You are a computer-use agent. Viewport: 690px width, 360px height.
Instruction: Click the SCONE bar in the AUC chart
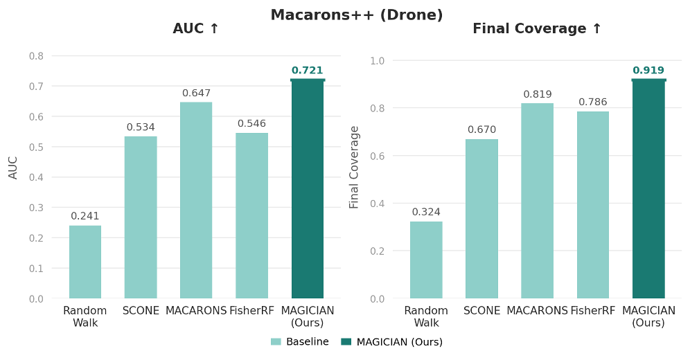tap(141, 217)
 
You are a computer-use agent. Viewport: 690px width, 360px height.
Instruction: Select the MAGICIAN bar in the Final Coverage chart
tap(648, 189)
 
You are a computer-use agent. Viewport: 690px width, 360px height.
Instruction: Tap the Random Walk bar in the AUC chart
tap(85, 262)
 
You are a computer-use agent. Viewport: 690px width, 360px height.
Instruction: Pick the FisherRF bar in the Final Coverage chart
tap(593, 205)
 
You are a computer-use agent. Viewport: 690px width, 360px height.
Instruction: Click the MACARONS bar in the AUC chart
tap(196, 200)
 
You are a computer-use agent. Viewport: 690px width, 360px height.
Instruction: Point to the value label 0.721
tap(307, 71)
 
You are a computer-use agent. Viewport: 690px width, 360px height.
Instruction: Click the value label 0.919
tap(648, 71)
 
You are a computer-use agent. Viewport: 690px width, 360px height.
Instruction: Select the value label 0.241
tap(85, 216)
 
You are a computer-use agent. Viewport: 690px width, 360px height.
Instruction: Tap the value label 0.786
tap(593, 102)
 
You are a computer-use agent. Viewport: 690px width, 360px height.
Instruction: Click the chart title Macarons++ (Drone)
tap(356, 15)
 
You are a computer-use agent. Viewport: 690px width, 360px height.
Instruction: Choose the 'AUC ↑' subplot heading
tap(196, 29)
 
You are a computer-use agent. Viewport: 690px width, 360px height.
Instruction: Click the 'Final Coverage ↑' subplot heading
tap(537, 29)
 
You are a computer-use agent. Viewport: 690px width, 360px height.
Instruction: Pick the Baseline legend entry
tap(300, 342)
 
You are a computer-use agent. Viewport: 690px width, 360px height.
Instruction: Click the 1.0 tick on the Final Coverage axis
tap(377, 60)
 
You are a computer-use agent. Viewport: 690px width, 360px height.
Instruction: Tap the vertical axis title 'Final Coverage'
tap(355, 168)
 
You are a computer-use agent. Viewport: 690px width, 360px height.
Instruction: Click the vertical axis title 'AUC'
tap(13, 168)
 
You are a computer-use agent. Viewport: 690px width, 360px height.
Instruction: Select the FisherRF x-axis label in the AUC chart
tap(251, 311)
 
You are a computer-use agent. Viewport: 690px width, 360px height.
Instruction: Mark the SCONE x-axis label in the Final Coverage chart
tap(481, 311)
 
